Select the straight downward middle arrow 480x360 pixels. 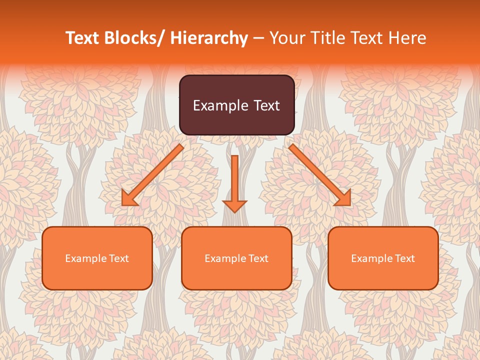[235, 182]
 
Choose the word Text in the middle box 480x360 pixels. [258, 258]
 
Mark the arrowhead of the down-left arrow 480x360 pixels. [129, 198]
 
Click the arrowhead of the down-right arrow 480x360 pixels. [343, 198]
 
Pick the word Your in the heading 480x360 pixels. [286, 38]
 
